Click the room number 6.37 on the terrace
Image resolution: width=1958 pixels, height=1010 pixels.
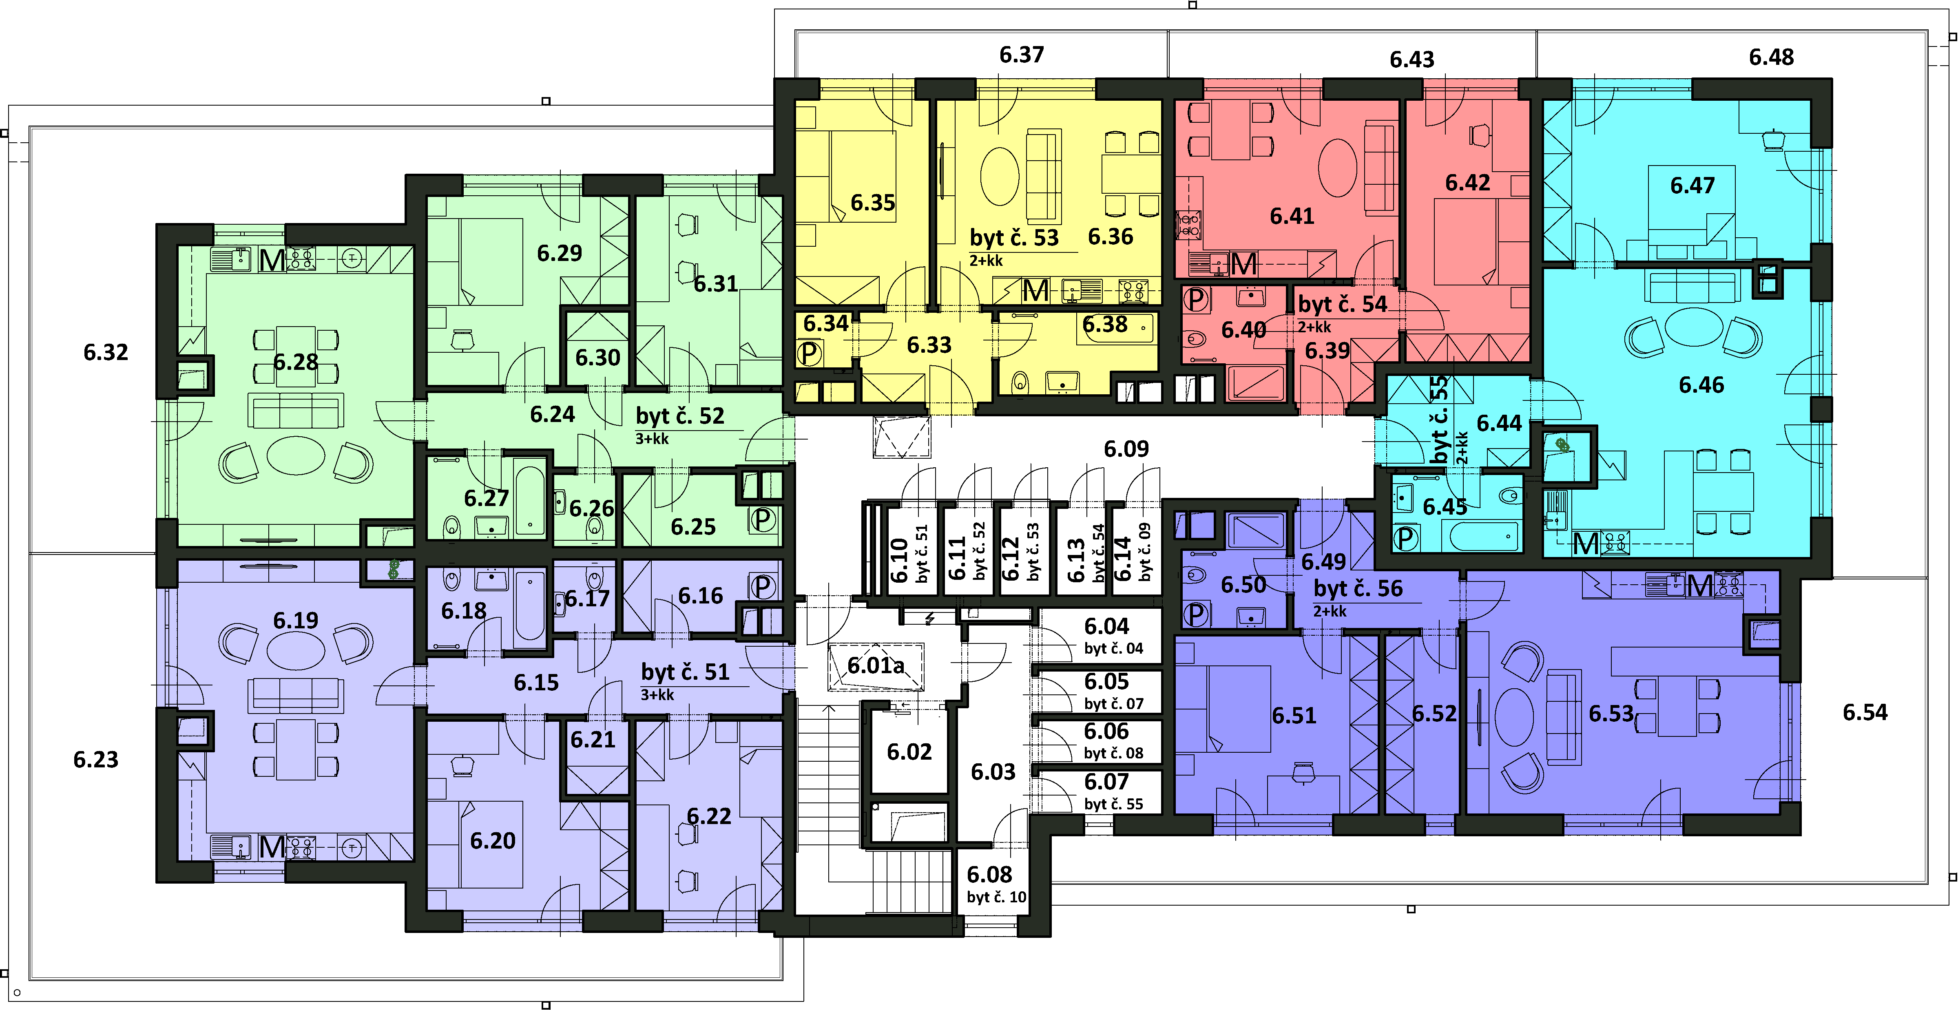[1022, 55]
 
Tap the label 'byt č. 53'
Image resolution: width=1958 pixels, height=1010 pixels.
[1014, 238]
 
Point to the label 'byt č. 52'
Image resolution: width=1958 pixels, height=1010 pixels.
[680, 416]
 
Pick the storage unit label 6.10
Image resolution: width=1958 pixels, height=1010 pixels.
[899, 560]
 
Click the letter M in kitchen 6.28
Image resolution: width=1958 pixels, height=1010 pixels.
[272, 261]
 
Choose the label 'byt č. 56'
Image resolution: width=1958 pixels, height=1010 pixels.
[1358, 588]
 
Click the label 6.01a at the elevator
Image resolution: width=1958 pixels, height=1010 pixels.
[876, 666]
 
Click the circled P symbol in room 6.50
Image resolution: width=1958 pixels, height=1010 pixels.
[1197, 613]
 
